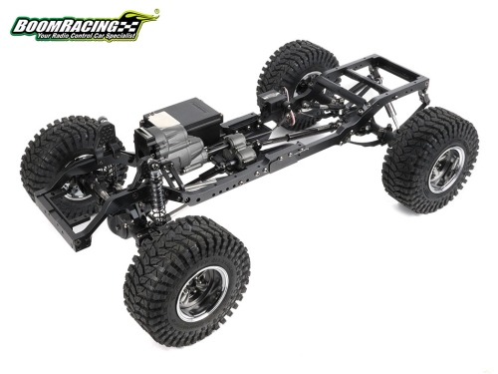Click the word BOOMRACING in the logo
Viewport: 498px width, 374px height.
(x=66, y=26)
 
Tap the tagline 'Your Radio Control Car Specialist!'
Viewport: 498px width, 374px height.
(x=86, y=36)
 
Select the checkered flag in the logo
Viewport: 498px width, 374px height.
(x=127, y=27)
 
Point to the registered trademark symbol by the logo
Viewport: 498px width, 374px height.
(x=156, y=11)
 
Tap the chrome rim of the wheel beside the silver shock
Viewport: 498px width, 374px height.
(x=446, y=170)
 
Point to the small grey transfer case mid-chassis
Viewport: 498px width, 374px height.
(x=240, y=149)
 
